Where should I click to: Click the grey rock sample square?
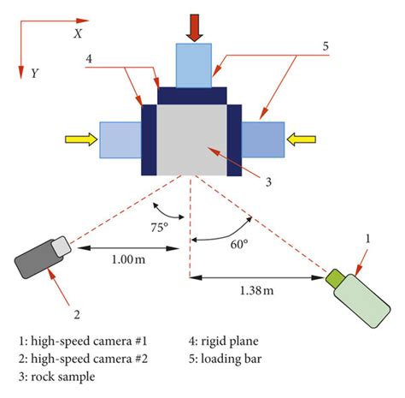[188, 136]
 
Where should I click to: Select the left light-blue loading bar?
[119, 140]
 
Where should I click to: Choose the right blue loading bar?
[263, 140]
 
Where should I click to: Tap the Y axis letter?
[33, 74]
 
